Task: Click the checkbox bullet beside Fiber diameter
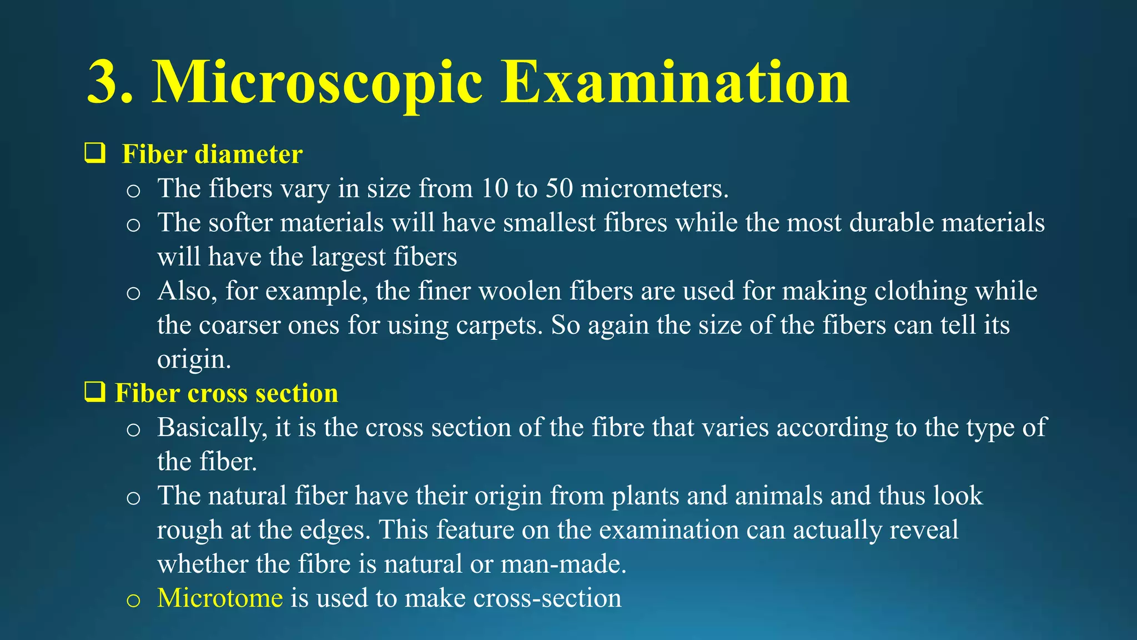(x=95, y=153)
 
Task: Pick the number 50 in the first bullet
(x=559, y=188)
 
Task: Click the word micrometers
(x=654, y=188)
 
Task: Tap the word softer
(x=240, y=222)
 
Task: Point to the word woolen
(x=520, y=291)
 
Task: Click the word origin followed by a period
(x=193, y=360)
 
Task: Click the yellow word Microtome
(x=220, y=598)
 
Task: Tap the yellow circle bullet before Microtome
(x=133, y=600)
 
